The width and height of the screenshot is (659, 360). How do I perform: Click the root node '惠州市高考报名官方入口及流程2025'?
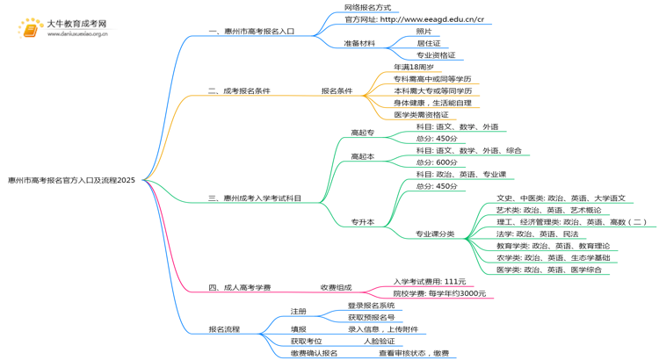coord(72,180)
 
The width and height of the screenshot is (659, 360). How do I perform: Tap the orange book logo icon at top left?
coord(30,29)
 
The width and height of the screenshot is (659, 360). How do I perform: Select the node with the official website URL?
coord(414,19)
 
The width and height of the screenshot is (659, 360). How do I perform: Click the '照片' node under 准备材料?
coord(424,32)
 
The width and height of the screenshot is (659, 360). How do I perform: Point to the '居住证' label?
coord(429,43)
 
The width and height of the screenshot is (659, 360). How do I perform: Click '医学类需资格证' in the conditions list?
coord(421,115)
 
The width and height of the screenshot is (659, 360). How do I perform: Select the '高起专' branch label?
coord(362,133)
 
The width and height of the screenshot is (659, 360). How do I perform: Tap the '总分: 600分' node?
coord(436,162)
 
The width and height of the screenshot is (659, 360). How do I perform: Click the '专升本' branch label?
coord(362,222)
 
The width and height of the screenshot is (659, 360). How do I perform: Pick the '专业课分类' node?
coord(435,234)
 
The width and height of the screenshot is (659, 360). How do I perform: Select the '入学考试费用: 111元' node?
coord(430,282)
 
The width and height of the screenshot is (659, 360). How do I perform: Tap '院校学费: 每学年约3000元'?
coord(439,293)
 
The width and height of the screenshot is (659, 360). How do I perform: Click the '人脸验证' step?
coord(380,342)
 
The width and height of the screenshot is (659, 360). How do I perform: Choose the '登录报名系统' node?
coord(371,306)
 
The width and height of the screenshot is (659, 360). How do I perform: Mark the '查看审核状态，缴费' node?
coord(414,353)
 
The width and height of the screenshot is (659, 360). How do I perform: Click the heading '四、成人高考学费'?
coord(239,287)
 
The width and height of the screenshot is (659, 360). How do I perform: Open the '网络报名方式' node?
coord(368,7)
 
